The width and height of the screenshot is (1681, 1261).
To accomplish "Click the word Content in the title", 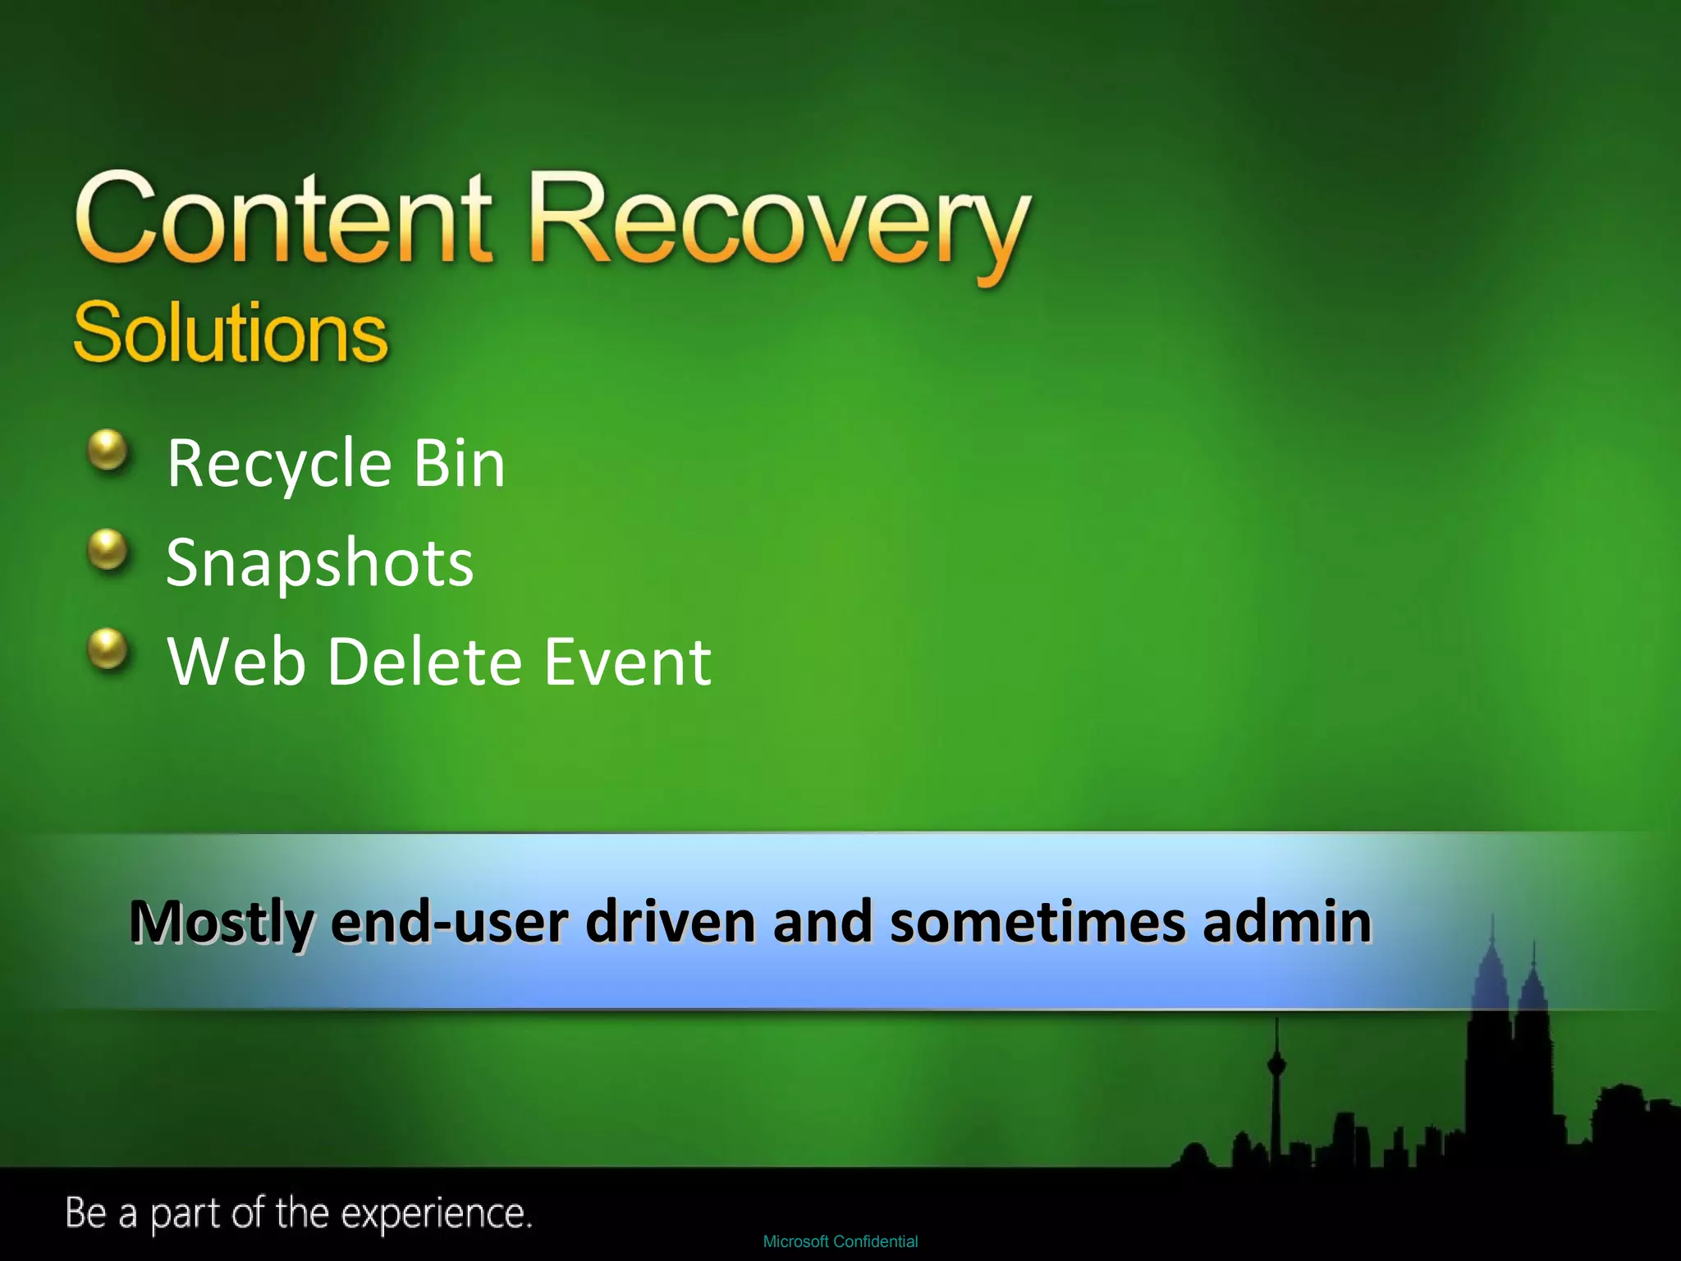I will click(x=283, y=220).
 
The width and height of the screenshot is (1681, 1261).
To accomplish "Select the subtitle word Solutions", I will click(x=230, y=332).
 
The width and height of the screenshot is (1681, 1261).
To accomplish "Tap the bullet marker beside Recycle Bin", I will click(x=108, y=451).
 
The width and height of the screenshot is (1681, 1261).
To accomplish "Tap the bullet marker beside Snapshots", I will click(x=108, y=549).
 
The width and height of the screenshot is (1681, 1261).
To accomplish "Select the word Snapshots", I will click(x=319, y=564).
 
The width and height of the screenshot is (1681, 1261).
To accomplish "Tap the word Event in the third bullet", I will click(x=627, y=662).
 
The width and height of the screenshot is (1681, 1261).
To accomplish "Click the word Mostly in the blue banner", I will click(x=222, y=923).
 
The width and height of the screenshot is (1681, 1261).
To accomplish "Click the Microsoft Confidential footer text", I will click(x=840, y=1241).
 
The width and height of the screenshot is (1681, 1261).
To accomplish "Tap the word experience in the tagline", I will click(x=436, y=1214).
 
